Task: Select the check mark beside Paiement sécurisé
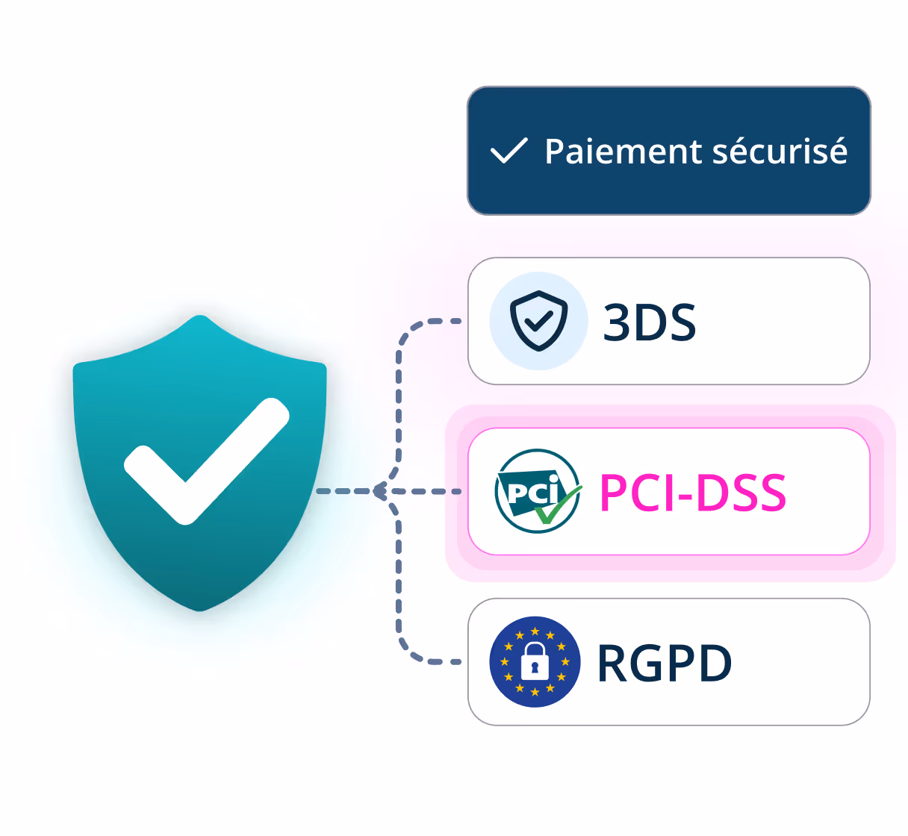[x=509, y=151]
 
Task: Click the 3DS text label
[x=650, y=322]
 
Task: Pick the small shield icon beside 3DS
[x=538, y=321]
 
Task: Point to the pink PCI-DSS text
[x=693, y=493]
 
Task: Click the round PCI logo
[x=538, y=491]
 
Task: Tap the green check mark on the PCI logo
[x=556, y=506]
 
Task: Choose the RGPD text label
[x=664, y=663]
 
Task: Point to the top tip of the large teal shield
[x=200, y=316]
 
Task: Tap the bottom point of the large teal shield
[x=200, y=610]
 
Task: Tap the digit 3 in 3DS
[x=617, y=322]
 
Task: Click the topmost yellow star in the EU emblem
[x=535, y=631]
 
